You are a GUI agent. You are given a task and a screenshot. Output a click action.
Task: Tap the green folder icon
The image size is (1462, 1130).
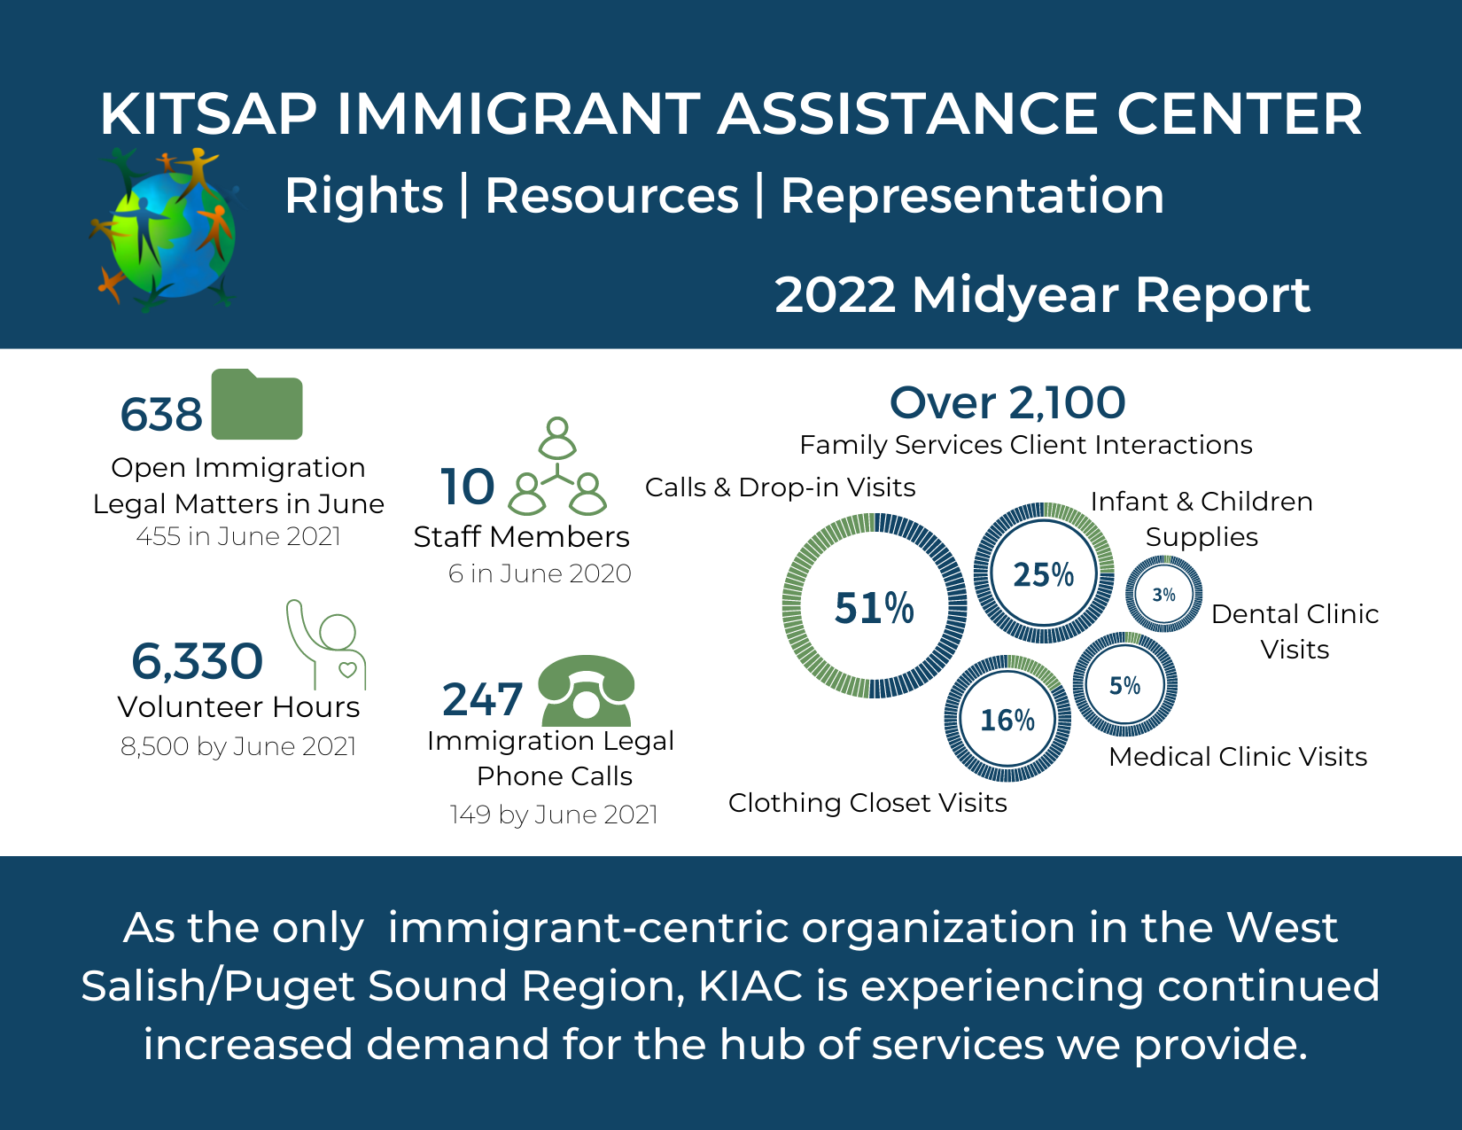(x=257, y=406)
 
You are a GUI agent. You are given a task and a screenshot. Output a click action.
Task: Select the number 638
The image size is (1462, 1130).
(x=161, y=415)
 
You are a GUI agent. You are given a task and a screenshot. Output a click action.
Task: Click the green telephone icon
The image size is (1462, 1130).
(x=586, y=690)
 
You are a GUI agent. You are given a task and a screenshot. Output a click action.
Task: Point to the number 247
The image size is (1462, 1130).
(x=482, y=699)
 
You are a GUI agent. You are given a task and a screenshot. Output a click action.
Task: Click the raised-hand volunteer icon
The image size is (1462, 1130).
(x=326, y=642)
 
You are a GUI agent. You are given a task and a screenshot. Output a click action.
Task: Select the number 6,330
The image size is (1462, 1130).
(x=197, y=661)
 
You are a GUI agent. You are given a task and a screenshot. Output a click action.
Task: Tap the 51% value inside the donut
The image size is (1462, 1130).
(x=874, y=608)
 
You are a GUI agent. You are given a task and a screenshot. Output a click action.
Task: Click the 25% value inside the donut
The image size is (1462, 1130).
(x=1043, y=574)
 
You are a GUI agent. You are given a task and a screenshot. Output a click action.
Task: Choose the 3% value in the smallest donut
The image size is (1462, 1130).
(x=1163, y=595)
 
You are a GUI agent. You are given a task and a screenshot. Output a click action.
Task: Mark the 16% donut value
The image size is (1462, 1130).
(x=1007, y=720)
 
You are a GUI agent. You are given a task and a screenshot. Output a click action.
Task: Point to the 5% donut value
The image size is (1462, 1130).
(x=1124, y=685)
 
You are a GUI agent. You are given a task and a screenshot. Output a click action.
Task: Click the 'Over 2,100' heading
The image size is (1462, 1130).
(x=1007, y=403)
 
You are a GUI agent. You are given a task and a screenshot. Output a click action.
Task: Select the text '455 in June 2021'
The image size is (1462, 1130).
(x=238, y=536)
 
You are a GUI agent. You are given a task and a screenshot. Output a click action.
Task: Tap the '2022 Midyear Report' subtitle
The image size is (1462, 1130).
(x=1042, y=294)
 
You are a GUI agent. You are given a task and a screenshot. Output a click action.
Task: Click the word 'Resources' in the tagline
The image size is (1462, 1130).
(x=611, y=196)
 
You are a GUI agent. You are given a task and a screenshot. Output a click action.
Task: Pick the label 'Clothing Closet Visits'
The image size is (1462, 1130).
(x=867, y=802)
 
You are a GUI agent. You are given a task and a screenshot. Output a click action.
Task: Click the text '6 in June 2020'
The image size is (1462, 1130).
(x=540, y=573)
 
